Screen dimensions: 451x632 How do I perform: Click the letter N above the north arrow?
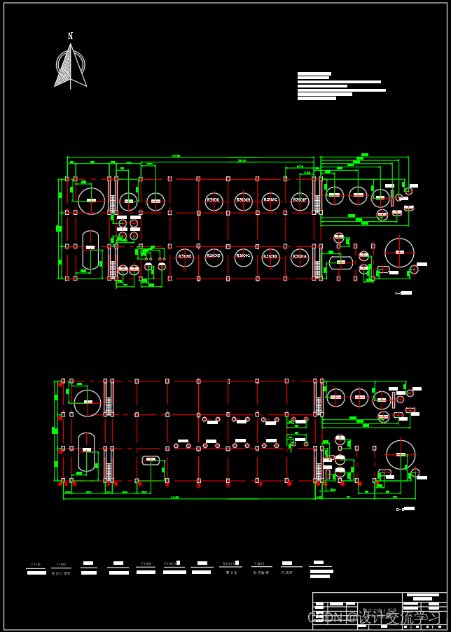(70, 36)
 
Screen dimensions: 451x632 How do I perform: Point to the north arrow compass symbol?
(70, 66)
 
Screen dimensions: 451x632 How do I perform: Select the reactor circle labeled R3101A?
(300, 257)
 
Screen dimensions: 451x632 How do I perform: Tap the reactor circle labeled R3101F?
(300, 202)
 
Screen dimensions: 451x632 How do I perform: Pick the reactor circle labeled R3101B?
(271, 257)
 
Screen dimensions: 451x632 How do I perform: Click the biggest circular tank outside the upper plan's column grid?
(399, 252)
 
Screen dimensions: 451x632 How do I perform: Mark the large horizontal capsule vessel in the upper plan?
(341, 262)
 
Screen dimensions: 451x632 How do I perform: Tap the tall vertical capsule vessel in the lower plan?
(86, 451)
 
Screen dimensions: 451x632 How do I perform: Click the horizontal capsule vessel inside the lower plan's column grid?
(151, 460)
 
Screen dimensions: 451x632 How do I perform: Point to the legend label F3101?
(36, 564)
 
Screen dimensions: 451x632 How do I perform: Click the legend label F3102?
(61, 564)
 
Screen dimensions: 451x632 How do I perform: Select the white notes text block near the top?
(341, 86)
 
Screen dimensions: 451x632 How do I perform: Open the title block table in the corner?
(379, 610)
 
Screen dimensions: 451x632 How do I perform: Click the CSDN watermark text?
(375, 617)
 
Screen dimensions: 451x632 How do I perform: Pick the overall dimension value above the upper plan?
(175, 156)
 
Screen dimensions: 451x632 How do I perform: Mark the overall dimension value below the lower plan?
(174, 498)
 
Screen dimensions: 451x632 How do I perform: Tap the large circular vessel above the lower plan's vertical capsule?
(88, 402)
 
